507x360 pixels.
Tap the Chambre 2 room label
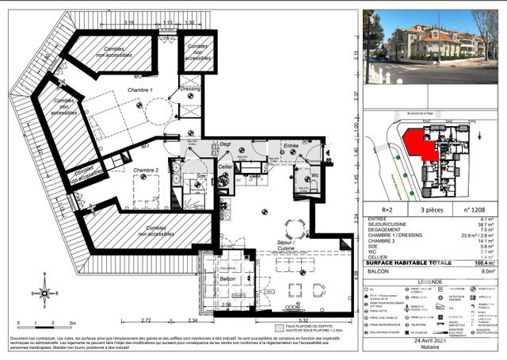click(x=146, y=170)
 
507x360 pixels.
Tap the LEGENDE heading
click(x=430, y=281)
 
